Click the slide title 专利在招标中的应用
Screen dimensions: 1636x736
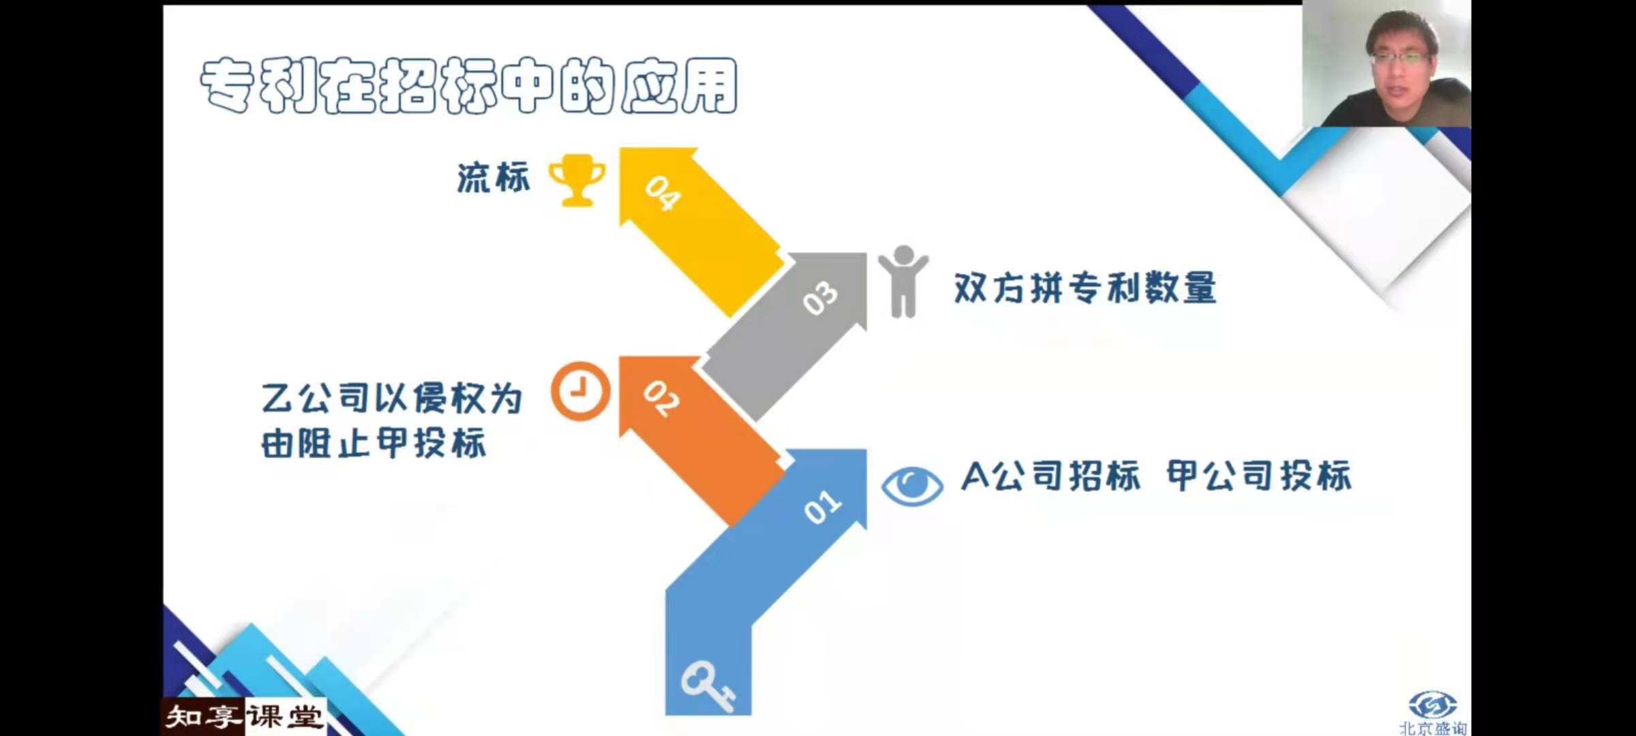pyautogui.click(x=469, y=85)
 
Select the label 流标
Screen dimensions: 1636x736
pyautogui.click(x=494, y=179)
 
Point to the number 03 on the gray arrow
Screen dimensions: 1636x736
pyautogui.click(x=820, y=298)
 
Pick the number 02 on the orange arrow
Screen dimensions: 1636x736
pyautogui.click(x=661, y=398)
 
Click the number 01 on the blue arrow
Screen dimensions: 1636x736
pyautogui.click(x=823, y=507)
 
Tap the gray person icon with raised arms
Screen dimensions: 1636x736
pyautogui.click(x=903, y=281)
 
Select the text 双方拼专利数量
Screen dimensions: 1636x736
pyautogui.click(x=1085, y=288)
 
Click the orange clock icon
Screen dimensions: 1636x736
pyautogui.click(x=581, y=390)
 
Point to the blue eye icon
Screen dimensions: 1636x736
pyautogui.click(x=912, y=486)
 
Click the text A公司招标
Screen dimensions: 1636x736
pyautogui.click(x=1050, y=476)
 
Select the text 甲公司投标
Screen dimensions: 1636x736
pyautogui.click(x=1259, y=476)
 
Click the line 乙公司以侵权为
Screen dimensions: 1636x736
pyautogui.click(x=392, y=398)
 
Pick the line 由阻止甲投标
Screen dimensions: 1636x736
pyautogui.click(x=374, y=443)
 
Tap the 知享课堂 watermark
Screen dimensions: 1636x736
pyautogui.click(x=244, y=717)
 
